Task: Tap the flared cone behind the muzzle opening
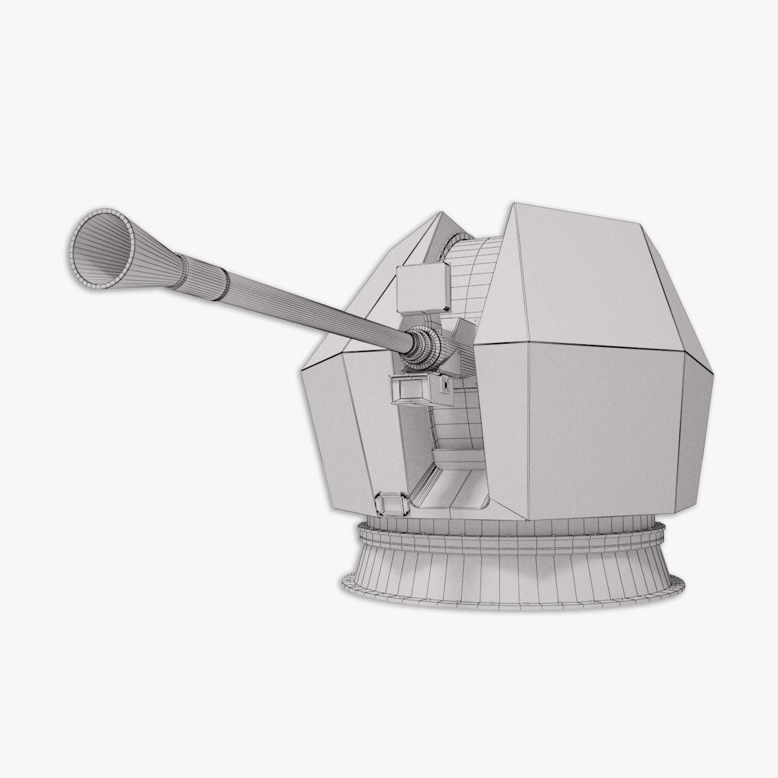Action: click(146, 244)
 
